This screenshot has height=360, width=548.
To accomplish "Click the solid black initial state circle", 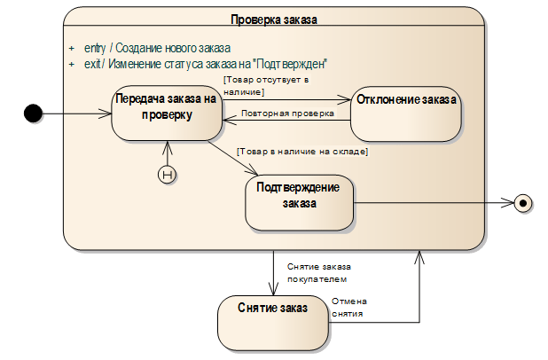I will pyautogui.click(x=33, y=113).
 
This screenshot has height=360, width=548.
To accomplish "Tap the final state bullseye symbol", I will pyautogui.click(x=523, y=203).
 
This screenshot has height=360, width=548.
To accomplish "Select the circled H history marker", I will pyautogui.click(x=166, y=175).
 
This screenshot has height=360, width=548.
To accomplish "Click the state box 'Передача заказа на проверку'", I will pyautogui.click(x=166, y=113).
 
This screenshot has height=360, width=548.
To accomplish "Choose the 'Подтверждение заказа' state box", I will pyautogui.click(x=299, y=202).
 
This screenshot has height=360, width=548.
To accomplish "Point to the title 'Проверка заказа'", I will pyautogui.click(x=273, y=19).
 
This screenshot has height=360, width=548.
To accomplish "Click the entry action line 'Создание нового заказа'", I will pyautogui.click(x=157, y=48).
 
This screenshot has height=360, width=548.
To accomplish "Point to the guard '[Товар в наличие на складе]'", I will pyautogui.click(x=301, y=152).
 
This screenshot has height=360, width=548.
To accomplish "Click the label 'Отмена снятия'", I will pyautogui.click(x=348, y=308).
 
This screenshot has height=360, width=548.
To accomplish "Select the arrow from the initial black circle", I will pyautogui.click(x=75, y=113).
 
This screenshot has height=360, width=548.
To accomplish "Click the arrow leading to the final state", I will pyautogui.click(x=434, y=203).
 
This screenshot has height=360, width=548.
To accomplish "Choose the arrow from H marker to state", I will pyautogui.click(x=166, y=153).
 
